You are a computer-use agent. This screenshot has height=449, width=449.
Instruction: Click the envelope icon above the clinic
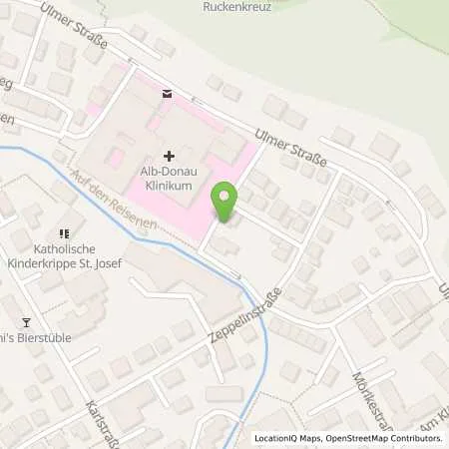(166, 94)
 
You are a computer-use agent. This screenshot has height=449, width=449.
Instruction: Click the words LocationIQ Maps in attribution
(286, 438)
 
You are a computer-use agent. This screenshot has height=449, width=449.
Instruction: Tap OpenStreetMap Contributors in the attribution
(385, 438)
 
